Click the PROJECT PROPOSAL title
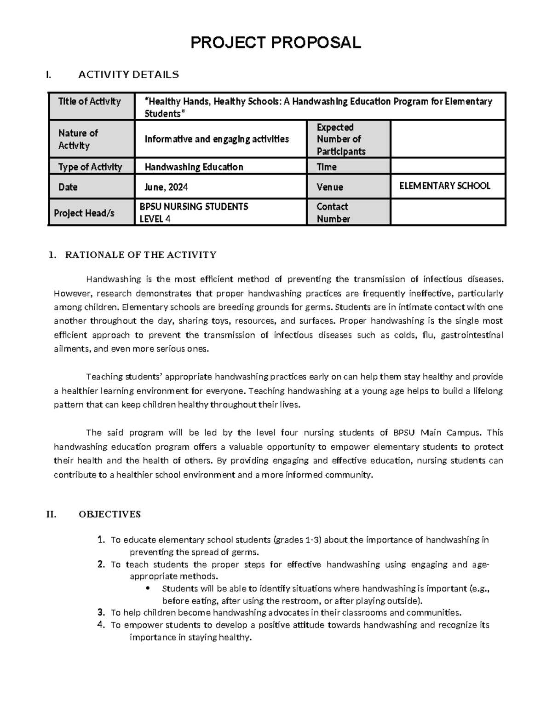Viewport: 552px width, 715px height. pyautogui.click(x=276, y=43)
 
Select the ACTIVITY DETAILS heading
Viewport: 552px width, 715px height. pyautogui.click(x=128, y=75)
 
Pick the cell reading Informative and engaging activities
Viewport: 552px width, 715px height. pyautogui.click(x=217, y=139)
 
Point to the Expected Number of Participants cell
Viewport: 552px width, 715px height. pyautogui.click(x=347, y=139)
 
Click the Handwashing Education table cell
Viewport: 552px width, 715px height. pyautogui.click(x=194, y=167)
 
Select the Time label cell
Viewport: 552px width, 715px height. pyautogui.click(x=347, y=167)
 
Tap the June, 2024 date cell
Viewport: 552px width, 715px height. pyautogui.click(x=166, y=187)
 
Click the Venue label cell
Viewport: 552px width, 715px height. pyautogui.click(x=347, y=187)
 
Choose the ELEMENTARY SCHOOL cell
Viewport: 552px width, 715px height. pyautogui.click(x=444, y=186)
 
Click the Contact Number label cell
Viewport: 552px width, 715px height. pyautogui.click(x=347, y=213)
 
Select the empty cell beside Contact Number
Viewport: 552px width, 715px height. pyautogui.click(x=448, y=213)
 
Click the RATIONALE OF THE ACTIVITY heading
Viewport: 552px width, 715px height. pyautogui.click(x=140, y=255)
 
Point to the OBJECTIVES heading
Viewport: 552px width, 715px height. pyautogui.click(x=109, y=514)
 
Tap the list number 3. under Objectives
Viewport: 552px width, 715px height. pyautogui.click(x=101, y=612)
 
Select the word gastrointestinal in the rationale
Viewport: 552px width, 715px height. pyautogui.click(x=471, y=335)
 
